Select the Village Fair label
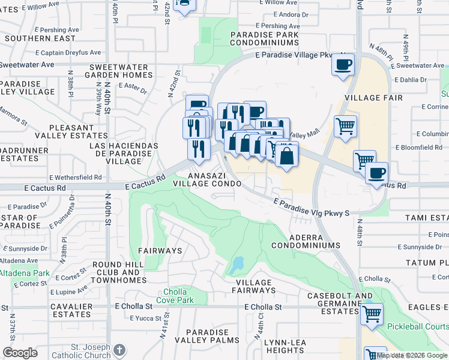click(371, 97)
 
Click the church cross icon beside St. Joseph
click(119, 349)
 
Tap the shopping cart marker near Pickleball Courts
click(372, 313)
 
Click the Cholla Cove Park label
click(175, 295)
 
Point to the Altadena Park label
click(25, 273)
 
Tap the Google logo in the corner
click(20, 353)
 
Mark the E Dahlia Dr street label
click(411, 79)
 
